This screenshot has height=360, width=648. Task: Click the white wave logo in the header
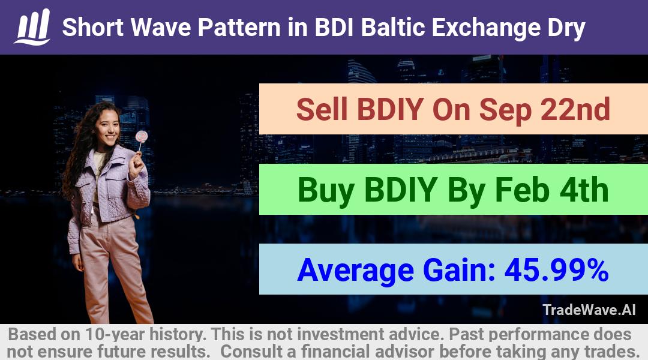32,26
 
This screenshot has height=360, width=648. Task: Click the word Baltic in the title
393,27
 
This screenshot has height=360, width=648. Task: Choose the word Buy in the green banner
325,191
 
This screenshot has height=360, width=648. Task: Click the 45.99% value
556,270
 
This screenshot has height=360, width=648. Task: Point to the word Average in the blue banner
355,271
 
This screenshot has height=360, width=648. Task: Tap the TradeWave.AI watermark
589,310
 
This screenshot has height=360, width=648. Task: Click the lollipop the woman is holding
142,137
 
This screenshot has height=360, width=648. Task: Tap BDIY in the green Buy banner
400,190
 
